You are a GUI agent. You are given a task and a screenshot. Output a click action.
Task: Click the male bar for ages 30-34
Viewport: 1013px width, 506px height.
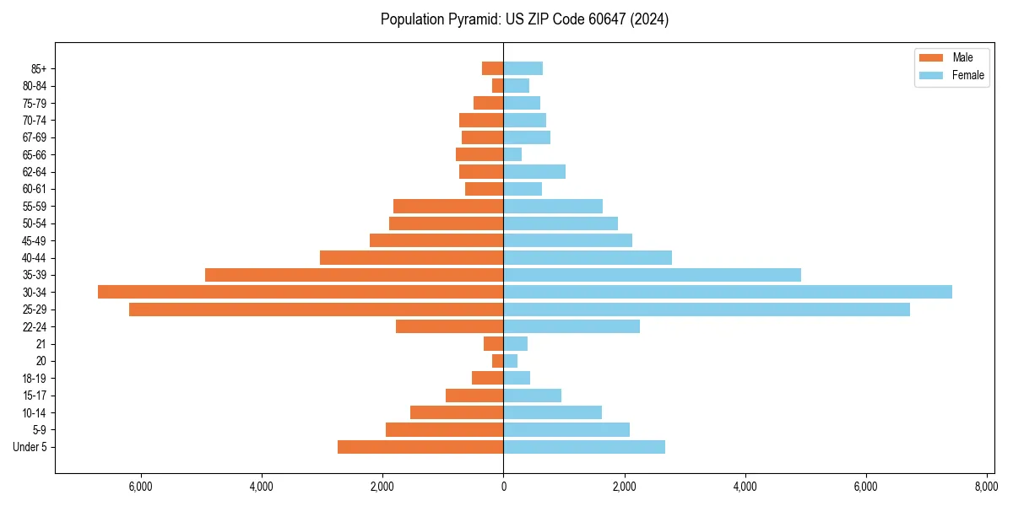[301, 292]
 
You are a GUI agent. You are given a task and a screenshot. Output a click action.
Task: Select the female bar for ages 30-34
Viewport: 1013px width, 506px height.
[728, 292]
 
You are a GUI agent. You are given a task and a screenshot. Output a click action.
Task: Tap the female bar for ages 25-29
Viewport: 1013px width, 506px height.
[707, 310]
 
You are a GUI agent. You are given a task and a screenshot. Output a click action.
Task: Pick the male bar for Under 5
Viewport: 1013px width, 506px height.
[420, 447]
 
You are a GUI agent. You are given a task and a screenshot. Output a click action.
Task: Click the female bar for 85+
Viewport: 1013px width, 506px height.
[523, 68]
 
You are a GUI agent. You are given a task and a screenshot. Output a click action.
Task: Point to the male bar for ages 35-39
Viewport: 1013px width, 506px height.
[355, 275]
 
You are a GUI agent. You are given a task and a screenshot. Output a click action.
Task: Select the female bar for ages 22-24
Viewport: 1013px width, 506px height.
[572, 326]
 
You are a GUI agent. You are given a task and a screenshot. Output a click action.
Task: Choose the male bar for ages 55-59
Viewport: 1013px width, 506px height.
[448, 207]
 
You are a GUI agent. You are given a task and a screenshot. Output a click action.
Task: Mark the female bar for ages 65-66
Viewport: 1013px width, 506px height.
[512, 154]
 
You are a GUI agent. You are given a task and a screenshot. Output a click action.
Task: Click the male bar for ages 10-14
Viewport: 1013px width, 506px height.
[457, 412]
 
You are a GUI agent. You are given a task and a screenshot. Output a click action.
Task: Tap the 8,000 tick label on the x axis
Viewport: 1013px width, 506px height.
[987, 487]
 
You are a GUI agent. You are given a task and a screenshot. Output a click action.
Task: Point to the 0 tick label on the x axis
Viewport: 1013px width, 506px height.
[503, 487]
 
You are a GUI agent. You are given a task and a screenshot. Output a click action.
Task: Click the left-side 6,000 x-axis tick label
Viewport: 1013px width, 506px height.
[140, 487]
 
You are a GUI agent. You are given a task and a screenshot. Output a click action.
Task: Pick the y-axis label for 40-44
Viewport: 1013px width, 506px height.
[35, 258]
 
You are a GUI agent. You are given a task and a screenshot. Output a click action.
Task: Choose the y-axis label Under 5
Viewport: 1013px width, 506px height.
[30, 447]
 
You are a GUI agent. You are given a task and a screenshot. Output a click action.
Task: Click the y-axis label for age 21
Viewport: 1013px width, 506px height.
[41, 344]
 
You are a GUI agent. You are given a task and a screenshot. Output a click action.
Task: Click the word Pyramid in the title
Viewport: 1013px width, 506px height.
[469, 19]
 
